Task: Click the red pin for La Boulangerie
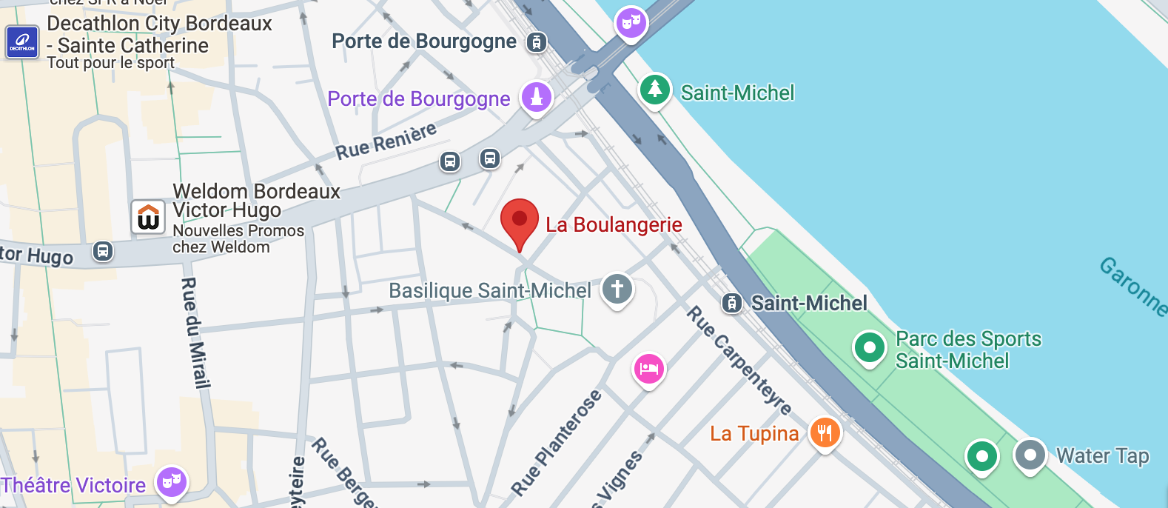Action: [x=520, y=220]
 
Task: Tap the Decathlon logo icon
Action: [x=21, y=42]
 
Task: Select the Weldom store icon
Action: [x=148, y=217]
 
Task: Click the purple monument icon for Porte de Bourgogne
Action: [x=537, y=97]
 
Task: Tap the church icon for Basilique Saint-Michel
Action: [x=617, y=289]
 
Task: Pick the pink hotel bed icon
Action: [x=649, y=368]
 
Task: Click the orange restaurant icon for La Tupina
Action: [x=825, y=432]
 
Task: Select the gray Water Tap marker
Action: [x=1030, y=454]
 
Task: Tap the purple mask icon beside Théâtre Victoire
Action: [x=172, y=483]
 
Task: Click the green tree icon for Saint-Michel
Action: [x=654, y=90]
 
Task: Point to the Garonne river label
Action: [x=1133, y=286]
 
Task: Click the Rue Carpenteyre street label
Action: [x=739, y=360]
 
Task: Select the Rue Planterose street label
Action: [x=556, y=443]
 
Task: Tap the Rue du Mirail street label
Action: [x=196, y=332]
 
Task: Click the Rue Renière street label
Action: [x=386, y=141]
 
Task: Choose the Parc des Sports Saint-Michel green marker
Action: [x=870, y=347]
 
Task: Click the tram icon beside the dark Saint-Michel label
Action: [x=732, y=303]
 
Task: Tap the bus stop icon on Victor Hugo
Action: [x=103, y=252]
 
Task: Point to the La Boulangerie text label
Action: [x=614, y=224]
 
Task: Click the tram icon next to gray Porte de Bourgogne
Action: [x=537, y=42]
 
